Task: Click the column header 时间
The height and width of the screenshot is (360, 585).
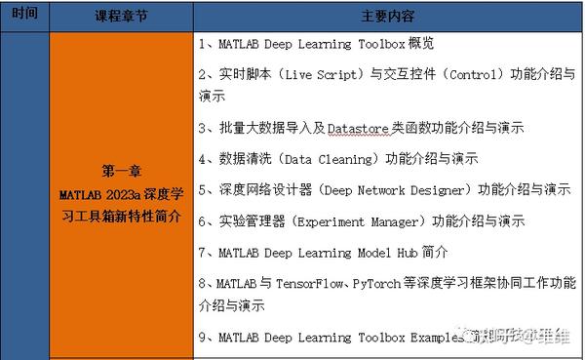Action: pyautogui.click(x=27, y=17)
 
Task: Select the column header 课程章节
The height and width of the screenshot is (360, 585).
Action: pyautogui.click(x=121, y=17)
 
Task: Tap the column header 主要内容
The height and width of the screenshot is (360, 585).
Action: pyautogui.click(x=388, y=17)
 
